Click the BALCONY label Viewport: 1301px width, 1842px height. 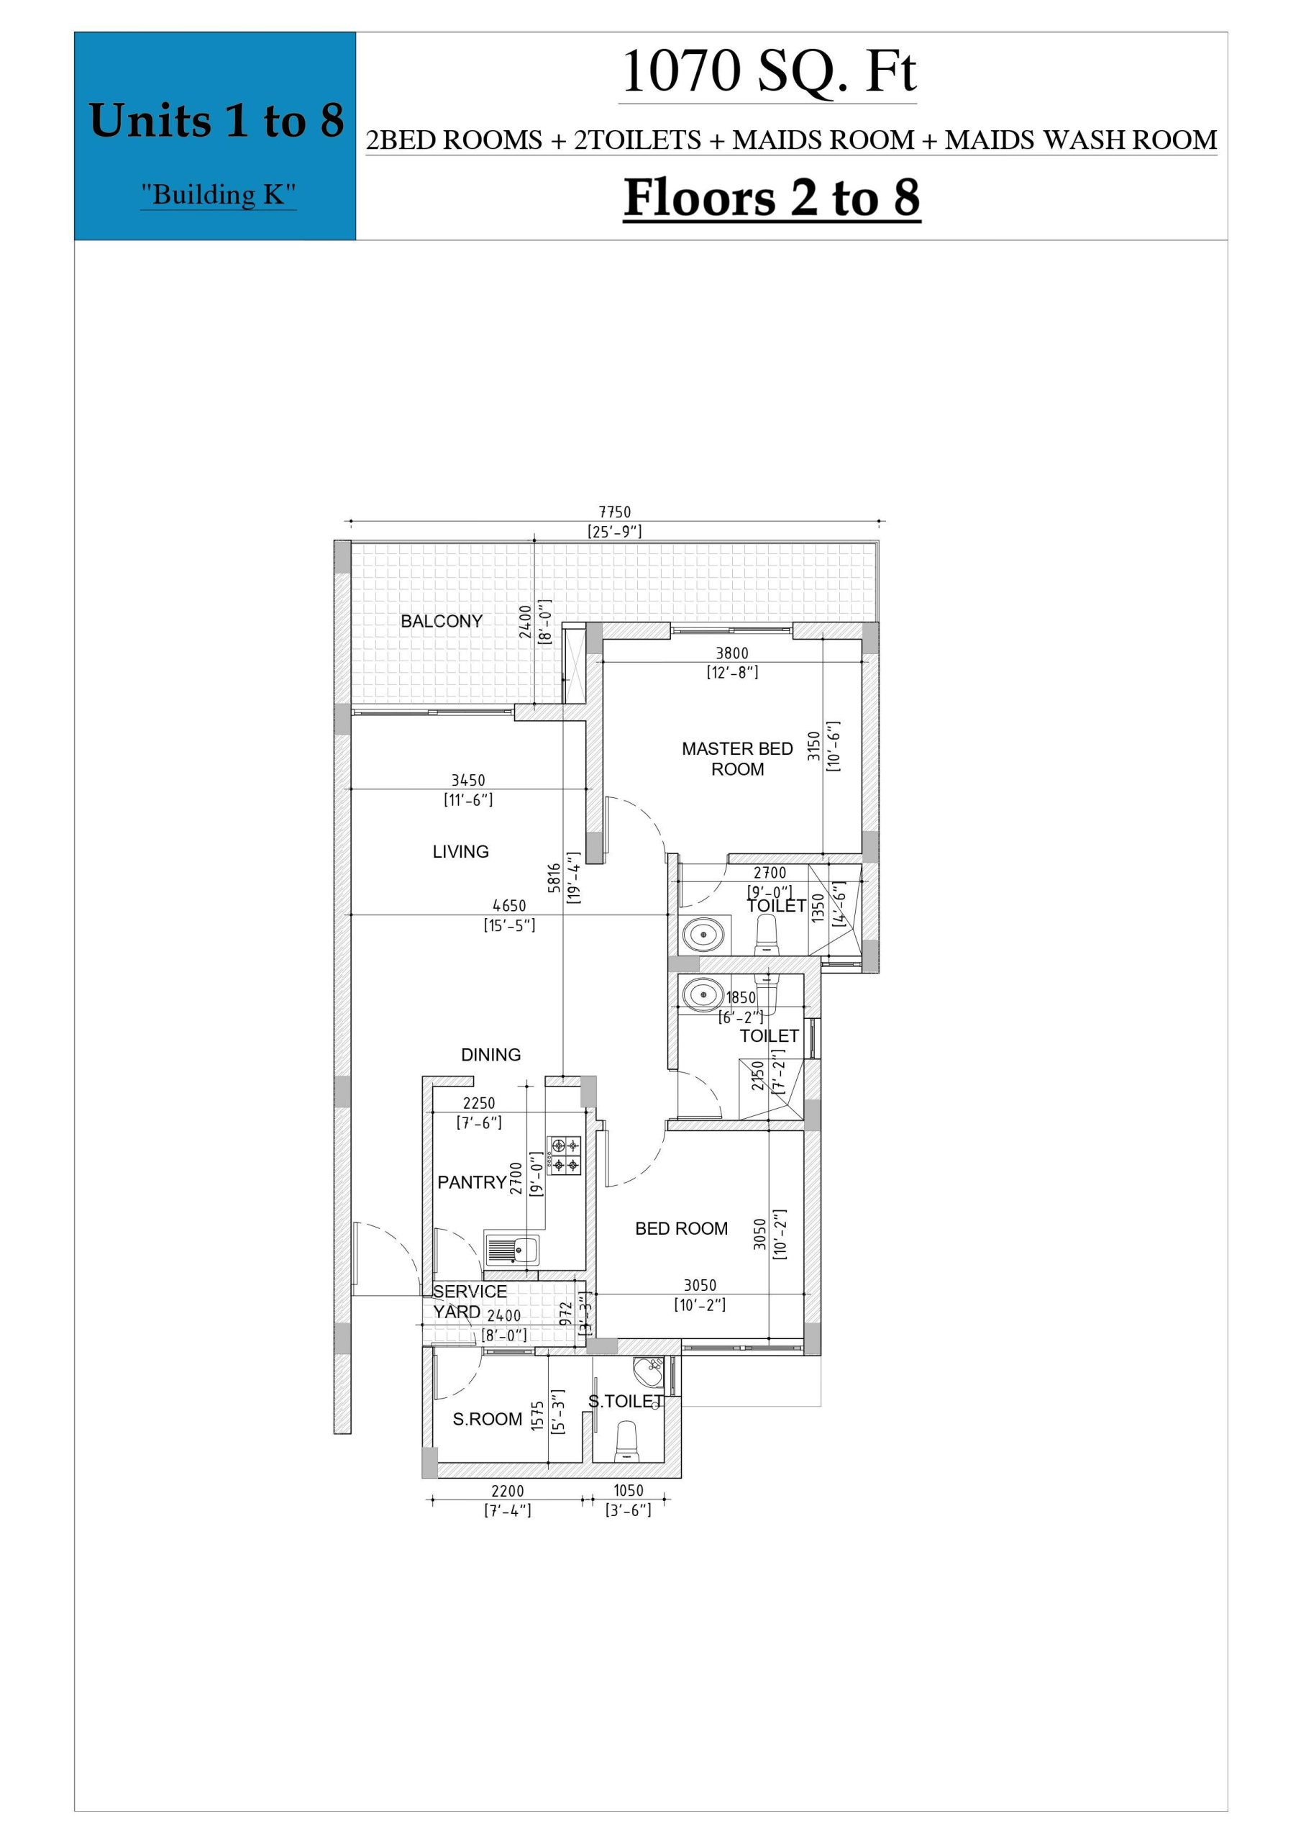441,621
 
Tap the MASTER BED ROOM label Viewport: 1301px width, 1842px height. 737,759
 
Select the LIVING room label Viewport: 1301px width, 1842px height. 460,852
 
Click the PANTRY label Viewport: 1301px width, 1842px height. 472,1182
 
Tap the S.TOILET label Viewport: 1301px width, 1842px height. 626,1402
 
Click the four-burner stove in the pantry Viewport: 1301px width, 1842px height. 565,1156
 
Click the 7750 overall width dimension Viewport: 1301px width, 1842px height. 615,512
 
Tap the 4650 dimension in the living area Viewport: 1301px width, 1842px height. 509,907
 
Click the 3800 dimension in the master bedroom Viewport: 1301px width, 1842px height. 732,654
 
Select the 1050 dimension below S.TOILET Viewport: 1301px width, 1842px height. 629,1491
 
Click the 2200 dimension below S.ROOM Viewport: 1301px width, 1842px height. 508,1491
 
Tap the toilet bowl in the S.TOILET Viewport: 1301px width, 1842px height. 626,1442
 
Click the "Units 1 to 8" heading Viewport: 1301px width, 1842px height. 216,120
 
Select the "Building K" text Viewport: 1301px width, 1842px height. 218,195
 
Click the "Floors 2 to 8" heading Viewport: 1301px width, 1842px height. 772,197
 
